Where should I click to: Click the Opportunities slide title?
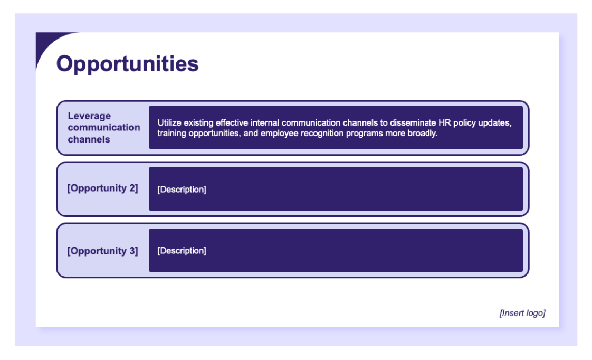[x=127, y=64]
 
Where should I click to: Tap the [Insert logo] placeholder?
[x=522, y=313]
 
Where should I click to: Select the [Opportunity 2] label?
[x=103, y=188]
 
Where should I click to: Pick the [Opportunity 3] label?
[x=103, y=251]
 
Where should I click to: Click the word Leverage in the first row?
[x=89, y=116]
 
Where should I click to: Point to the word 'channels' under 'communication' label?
[x=89, y=139]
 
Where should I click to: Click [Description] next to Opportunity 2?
[x=182, y=190]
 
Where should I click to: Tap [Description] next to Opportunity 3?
[x=182, y=251]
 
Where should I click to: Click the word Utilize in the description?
[x=169, y=122]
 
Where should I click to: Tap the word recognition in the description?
[x=322, y=134]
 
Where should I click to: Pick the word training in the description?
[x=171, y=134]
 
